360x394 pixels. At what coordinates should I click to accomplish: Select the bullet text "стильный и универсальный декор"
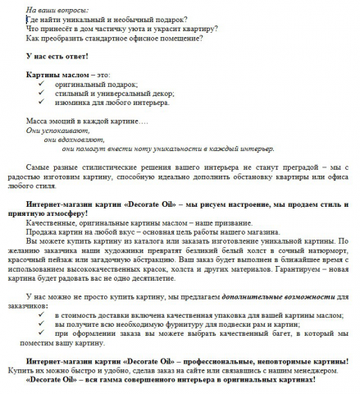[103, 94]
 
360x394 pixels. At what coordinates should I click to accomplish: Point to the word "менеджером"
[315, 373]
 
